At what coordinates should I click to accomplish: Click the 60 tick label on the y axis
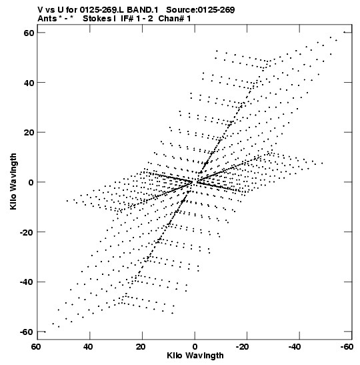pyautogui.click(x=29, y=33)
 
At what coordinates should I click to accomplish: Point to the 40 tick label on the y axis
pyautogui.click(x=29, y=83)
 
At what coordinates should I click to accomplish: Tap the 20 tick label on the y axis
pyautogui.click(x=29, y=132)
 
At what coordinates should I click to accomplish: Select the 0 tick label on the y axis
pyautogui.click(x=31, y=182)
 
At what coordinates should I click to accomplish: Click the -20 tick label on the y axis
pyautogui.click(x=27, y=232)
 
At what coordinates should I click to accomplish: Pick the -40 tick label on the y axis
pyautogui.click(x=27, y=282)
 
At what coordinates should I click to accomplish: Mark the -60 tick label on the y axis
pyautogui.click(x=27, y=332)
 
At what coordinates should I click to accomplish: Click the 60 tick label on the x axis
pyautogui.click(x=36, y=347)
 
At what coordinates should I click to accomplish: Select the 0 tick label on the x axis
pyautogui.click(x=195, y=347)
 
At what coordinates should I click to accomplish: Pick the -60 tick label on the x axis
pyautogui.click(x=347, y=347)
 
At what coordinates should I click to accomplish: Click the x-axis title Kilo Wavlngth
pyautogui.click(x=195, y=356)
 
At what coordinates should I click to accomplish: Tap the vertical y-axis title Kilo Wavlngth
pyautogui.click(x=13, y=181)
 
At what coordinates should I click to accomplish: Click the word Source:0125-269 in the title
pyautogui.click(x=201, y=10)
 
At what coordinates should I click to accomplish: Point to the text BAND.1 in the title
pyautogui.click(x=142, y=10)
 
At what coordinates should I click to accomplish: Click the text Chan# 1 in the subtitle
pyautogui.click(x=175, y=19)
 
